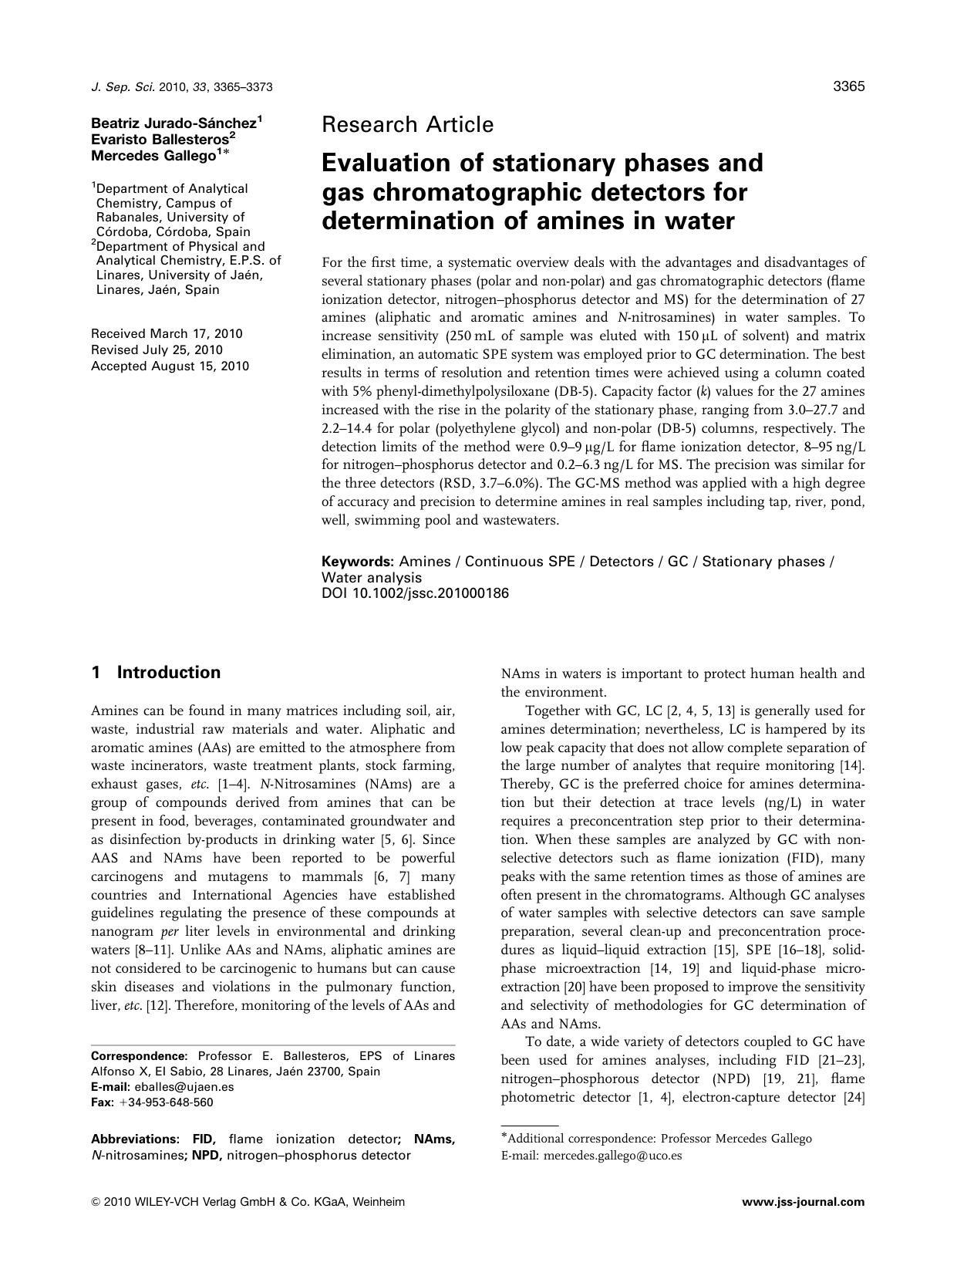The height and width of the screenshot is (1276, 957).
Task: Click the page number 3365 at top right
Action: (849, 86)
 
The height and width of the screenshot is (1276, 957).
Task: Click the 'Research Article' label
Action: (407, 124)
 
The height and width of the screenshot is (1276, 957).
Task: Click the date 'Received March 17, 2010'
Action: (167, 334)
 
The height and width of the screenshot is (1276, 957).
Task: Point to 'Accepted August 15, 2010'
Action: (170, 366)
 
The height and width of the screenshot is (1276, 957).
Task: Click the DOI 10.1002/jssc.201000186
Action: (415, 593)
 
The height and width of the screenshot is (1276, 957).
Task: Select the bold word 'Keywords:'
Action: (358, 562)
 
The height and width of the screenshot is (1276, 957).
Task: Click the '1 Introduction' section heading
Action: (156, 673)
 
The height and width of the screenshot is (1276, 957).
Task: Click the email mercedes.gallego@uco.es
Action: (613, 1156)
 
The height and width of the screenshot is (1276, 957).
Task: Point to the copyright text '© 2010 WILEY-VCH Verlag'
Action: (185, 1202)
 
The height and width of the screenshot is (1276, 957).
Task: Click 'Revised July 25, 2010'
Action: (157, 350)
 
